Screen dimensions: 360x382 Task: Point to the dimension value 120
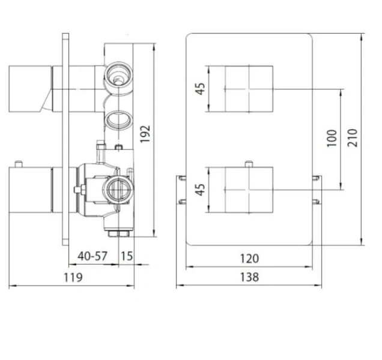249,259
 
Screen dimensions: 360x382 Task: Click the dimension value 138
249,278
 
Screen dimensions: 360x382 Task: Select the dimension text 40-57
92,256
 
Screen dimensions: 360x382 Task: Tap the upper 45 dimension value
201,88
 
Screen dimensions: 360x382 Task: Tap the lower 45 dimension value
201,189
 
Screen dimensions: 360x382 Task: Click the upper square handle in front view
249,88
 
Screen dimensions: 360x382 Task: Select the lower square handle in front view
249,189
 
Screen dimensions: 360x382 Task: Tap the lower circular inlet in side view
116,189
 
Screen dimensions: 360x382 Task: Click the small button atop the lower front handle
248,163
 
